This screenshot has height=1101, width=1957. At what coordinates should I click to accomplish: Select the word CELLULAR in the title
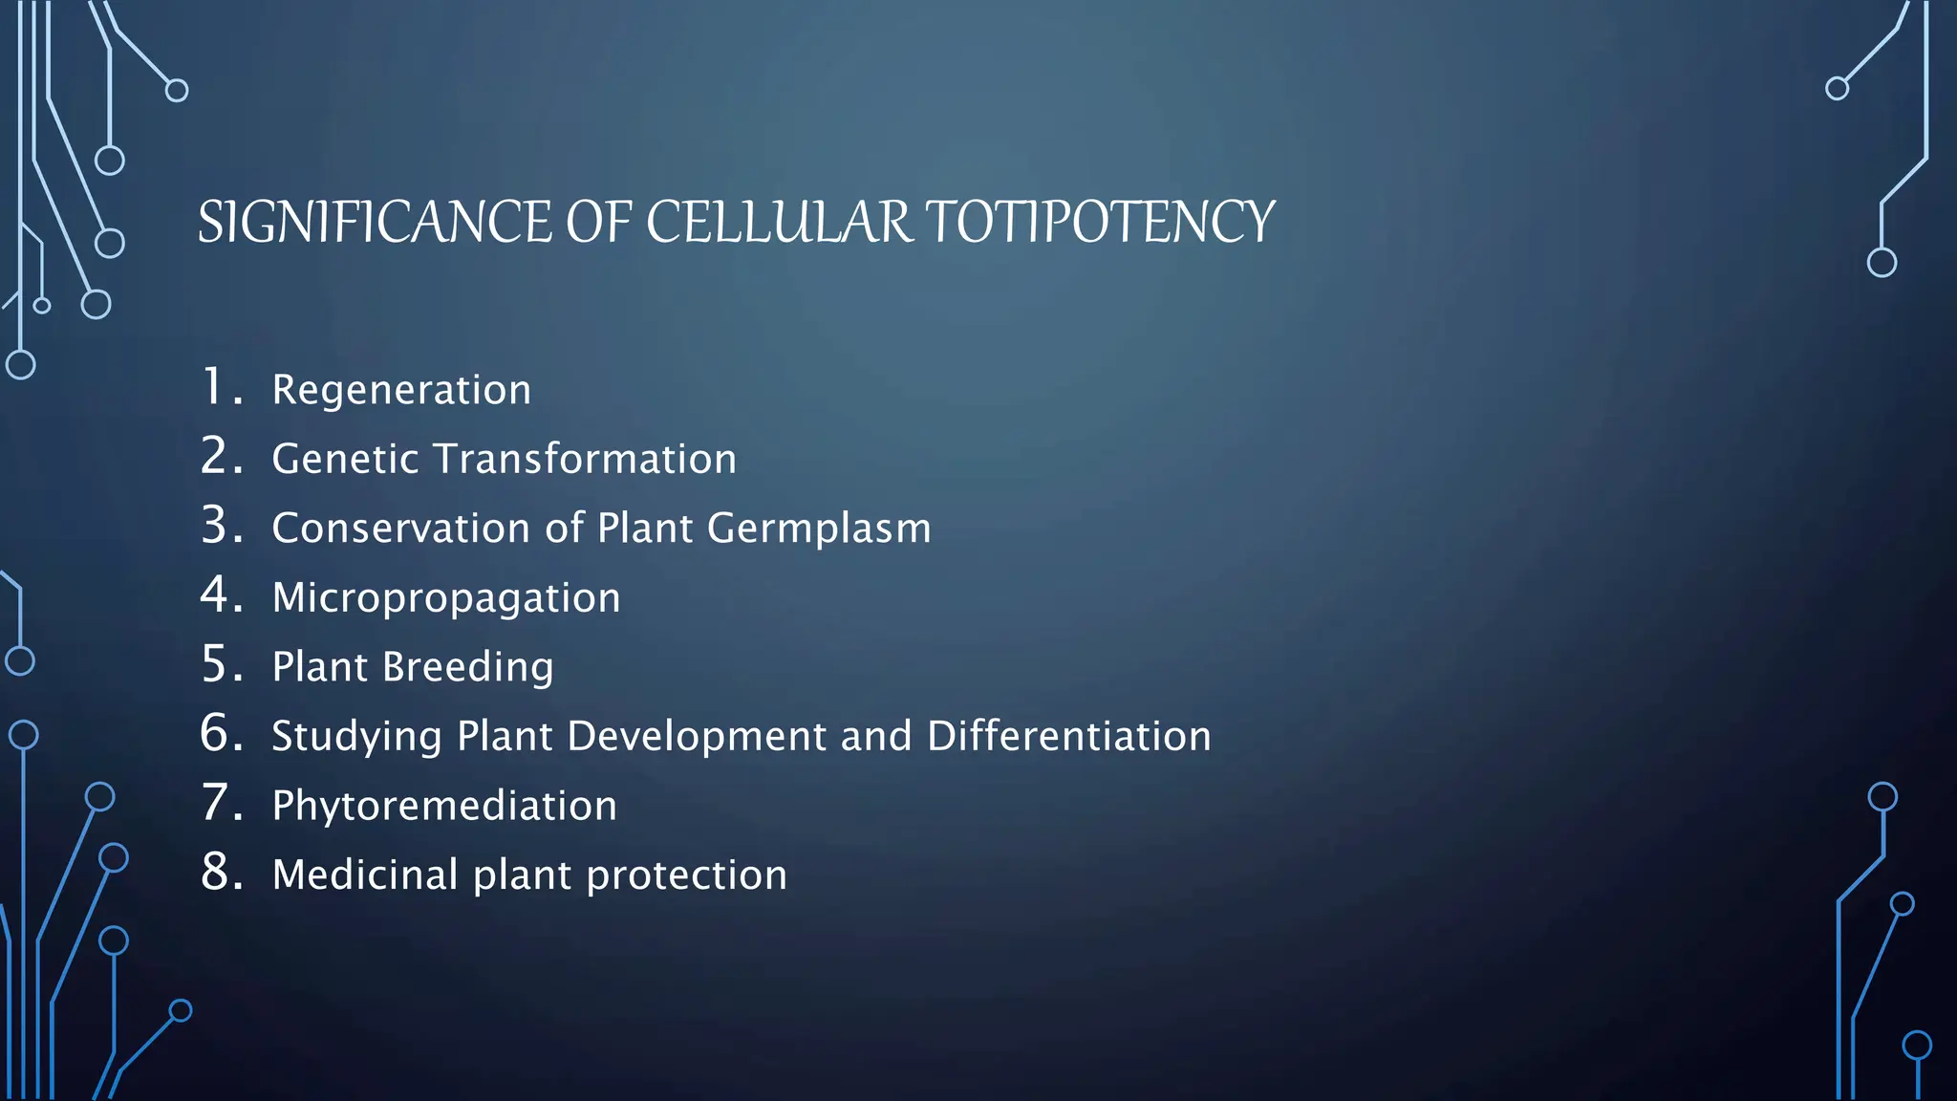[x=779, y=222]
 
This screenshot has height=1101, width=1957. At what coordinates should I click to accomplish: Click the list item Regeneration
[x=401, y=390]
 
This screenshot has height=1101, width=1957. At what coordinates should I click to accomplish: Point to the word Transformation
[x=585, y=459]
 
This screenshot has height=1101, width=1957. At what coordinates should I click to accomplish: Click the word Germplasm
[x=819, y=529]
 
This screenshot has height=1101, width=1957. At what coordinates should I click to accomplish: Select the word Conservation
[x=400, y=529]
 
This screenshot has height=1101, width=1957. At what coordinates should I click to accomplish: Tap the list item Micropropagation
[x=446, y=598]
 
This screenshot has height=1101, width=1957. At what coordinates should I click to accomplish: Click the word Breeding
[x=468, y=667]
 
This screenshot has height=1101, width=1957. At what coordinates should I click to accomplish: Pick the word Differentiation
[x=1068, y=737]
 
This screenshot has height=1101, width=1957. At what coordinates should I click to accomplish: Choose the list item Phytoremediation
[x=444, y=806]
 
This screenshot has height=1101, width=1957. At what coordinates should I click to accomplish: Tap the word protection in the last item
[x=686, y=875]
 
